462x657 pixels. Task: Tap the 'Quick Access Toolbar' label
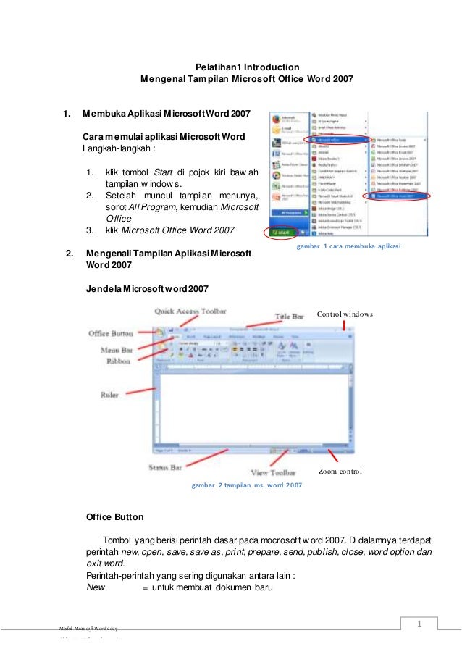(x=190, y=311)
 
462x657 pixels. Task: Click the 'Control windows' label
(x=345, y=314)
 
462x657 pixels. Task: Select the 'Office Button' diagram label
(x=110, y=333)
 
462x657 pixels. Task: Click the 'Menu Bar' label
(x=105, y=349)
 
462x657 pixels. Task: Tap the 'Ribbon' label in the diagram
(x=105, y=360)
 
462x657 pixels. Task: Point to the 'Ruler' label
(x=110, y=395)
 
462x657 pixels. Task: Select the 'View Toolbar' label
(x=272, y=472)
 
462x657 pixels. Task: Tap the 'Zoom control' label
(x=340, y=472)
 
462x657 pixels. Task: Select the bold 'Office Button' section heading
(x=114, y=517)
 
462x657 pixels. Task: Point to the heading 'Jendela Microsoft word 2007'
(x=147, y=289)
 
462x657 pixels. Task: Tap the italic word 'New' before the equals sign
(x=96, y=588)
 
